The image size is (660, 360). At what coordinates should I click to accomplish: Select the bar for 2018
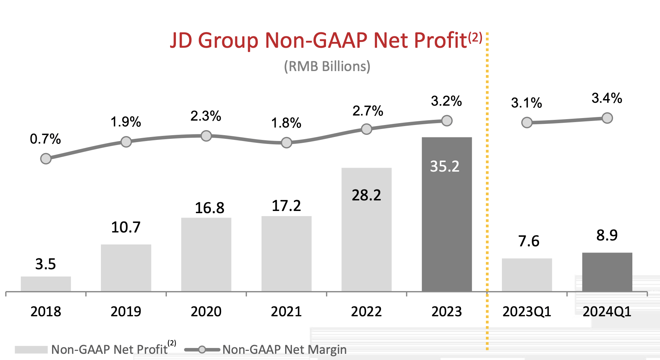46,284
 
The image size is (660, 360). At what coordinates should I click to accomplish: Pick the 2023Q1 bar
527,275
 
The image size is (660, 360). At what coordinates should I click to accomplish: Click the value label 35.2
445,167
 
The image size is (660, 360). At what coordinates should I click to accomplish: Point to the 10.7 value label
126,227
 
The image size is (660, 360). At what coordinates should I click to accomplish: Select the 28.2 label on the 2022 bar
366,196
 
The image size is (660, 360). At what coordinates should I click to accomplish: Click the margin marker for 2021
287,142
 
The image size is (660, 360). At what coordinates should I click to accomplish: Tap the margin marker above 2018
46,159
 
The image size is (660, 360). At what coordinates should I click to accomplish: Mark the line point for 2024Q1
607,118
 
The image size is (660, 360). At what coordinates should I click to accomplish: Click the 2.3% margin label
206,116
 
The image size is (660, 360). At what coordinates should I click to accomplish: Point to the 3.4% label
607,98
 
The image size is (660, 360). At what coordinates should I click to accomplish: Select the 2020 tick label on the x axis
206,312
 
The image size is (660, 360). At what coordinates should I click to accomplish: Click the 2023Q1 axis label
527,312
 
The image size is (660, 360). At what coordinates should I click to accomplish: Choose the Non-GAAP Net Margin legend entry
284,350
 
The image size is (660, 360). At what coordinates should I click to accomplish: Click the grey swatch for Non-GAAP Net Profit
31,350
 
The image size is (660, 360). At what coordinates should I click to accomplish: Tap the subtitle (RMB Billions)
327,67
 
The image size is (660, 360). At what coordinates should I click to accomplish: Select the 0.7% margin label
45,139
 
